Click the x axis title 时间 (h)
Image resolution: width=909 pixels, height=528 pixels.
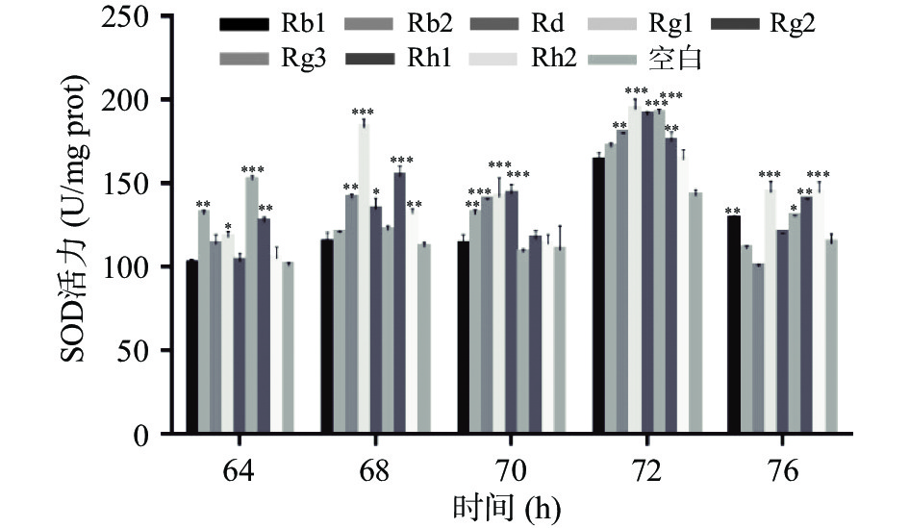click(x=506, y=505)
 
